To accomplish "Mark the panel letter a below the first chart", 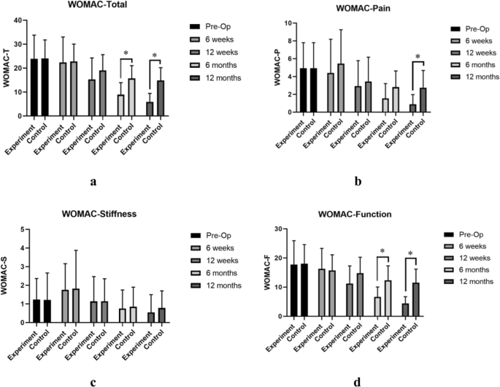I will [93, 182].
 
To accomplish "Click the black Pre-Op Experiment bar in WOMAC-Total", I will [34, 88].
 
